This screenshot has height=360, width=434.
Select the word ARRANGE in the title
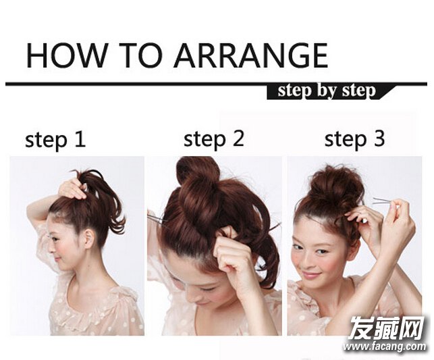pos(250,55)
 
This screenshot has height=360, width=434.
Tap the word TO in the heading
pos(141,55)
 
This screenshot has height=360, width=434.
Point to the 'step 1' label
pos(55,140)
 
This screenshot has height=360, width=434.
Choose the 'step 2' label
pos(214,139)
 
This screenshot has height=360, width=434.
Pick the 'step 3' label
pos(354,139)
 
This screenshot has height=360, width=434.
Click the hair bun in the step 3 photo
pos(337,186)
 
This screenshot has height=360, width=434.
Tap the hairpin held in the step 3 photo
pos(385,201)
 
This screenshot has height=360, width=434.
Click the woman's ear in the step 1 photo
pos(88,238)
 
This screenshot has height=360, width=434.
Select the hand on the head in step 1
pos(72,189)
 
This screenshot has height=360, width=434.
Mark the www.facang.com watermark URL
pos(384,346)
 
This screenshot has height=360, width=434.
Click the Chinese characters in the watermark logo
pos(387,328)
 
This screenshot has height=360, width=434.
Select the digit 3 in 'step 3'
pos(379,138)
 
